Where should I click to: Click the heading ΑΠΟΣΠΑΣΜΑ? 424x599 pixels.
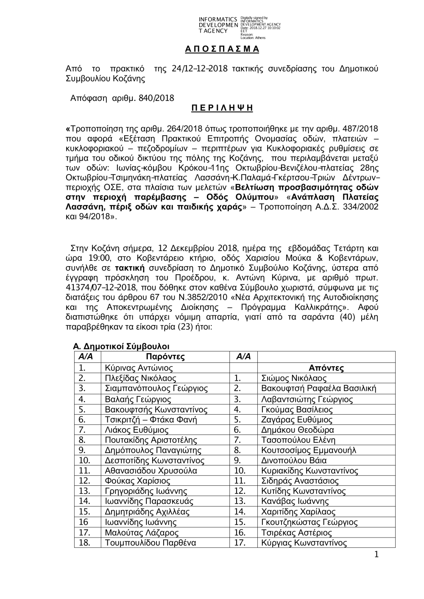coord(222,49)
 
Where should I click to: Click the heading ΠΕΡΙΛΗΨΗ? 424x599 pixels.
coord(222,108)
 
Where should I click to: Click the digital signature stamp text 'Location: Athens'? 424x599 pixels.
coord(253,38)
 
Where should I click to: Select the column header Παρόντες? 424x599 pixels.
coord(165,357)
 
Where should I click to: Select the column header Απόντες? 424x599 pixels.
coord(326,368)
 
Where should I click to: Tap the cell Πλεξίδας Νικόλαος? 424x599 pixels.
coord(140,378)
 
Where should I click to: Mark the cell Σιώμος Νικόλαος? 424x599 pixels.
coord(294,378)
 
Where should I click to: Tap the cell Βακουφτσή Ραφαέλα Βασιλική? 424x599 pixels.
coord(318,388)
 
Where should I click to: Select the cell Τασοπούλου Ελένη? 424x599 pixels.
coord(298,440)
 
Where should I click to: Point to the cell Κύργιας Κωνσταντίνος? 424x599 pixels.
coord(304,543)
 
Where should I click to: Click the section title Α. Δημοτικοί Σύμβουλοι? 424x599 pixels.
coord(122,347)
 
